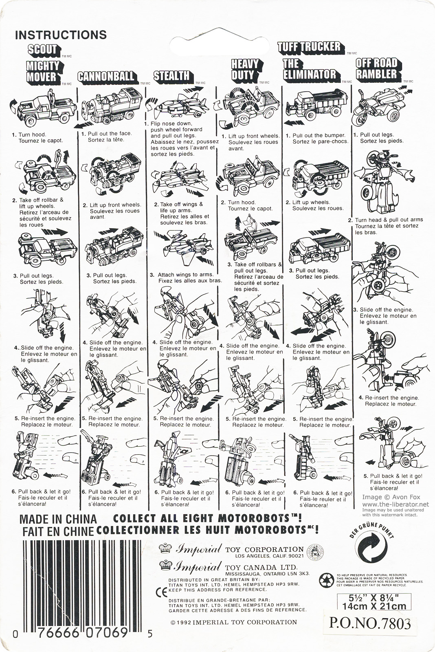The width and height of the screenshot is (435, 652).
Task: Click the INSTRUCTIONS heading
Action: click(x=61, y=35)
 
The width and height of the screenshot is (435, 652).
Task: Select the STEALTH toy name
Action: click(x=173, y=76)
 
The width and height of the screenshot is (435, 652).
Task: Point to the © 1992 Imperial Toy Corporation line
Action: click(x=233, y=622)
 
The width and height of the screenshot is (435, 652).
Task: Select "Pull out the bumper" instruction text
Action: click(x=319, y=135)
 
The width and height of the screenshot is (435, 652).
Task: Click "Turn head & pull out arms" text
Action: click(x=389, y=220)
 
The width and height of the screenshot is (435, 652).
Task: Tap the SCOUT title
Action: click(x=42, y=49)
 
